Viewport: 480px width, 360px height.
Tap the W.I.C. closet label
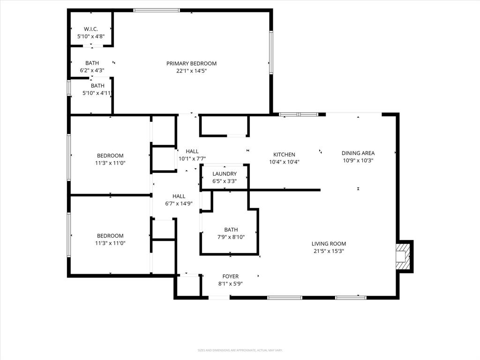pyautogui.click(x=91, y=29)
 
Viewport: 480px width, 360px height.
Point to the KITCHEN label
pyautogui.click(x=284, y=154)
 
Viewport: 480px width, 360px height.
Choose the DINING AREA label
pyautogui.click(x=358, y=153)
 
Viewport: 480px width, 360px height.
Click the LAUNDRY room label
pyautogui.click(x=225, y=173)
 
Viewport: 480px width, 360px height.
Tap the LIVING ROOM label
pyautogui.click(x=329, y=243)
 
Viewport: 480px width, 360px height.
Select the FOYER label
pyautogui.click(x=231, y=277)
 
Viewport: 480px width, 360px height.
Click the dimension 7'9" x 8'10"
pyautogui.click(x=231, y=237)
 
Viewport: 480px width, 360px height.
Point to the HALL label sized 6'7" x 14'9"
pyautogui.click(x=179, y=196)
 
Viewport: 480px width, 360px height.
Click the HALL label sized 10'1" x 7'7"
pyautogui.click(x=192, y=151)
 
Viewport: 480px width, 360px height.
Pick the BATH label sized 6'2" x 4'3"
pyautogui.click(x=92, y=63)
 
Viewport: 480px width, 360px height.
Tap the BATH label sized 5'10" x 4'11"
pyautogui.click(x=97, y=86)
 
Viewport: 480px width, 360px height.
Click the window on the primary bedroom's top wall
pyautogui.click(x=157, y=10)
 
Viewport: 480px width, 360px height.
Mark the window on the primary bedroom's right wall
pyautogui.click(x=271, y=52)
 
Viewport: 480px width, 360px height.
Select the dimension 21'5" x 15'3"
pyautogui.click(x=329, y=251)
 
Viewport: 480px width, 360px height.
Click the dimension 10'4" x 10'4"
pyautogui.click(x=284, y=162)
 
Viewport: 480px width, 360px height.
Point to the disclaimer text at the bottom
pyautogui.click(x=240, y=350)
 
